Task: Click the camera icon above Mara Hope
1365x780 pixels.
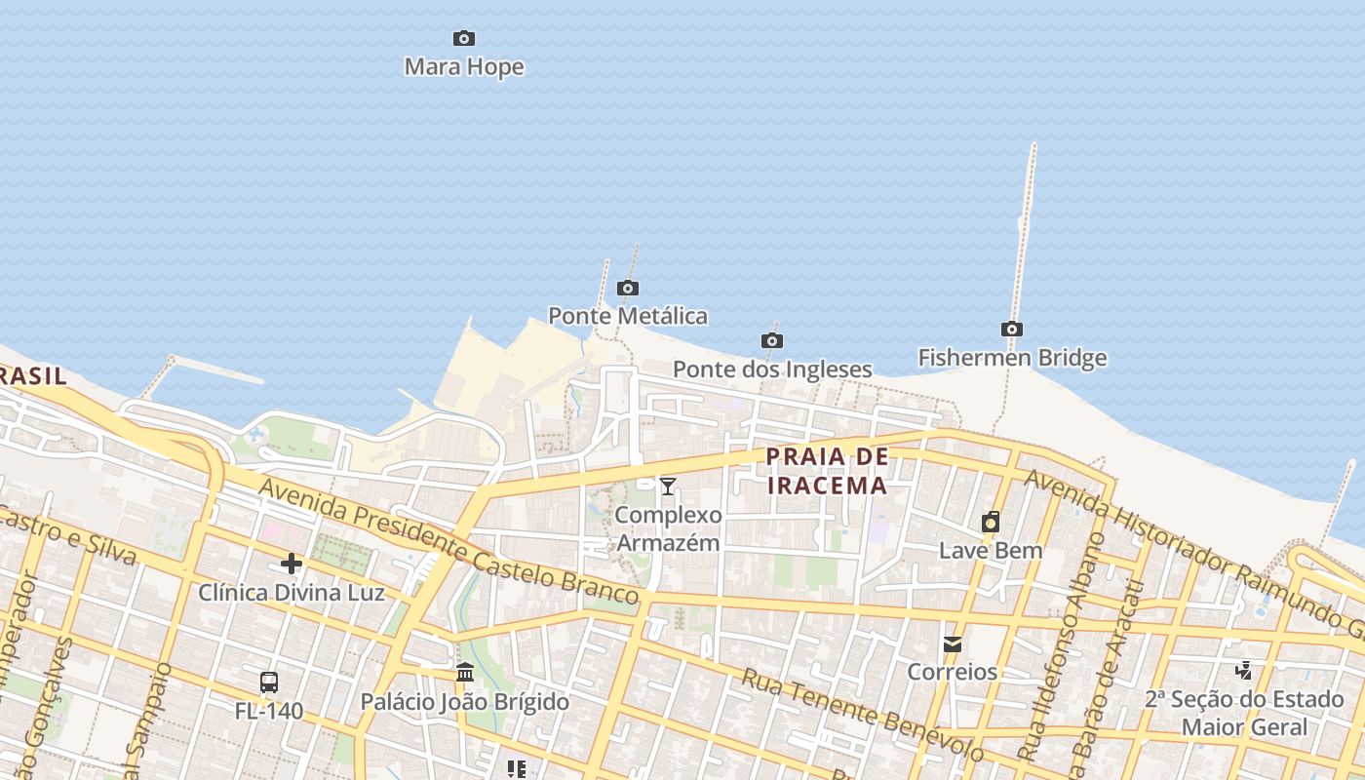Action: [x=464, y=39]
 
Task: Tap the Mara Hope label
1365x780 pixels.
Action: [x=464, y=67]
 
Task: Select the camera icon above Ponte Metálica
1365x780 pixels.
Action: [x=628, y=288]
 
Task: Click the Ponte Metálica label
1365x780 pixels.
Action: [x=628, y=316]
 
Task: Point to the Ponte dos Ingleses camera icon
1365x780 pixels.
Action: [x=772, y=340]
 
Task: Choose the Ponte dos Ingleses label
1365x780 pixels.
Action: [x=772, y=370]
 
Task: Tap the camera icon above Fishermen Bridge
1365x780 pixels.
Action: [x=1012, y=330]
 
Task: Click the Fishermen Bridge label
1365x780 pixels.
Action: [x=1012, y=358]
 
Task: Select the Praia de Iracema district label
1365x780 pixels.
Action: [x=827, y=471]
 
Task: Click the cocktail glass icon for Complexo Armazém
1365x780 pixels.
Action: [x=668, y=487]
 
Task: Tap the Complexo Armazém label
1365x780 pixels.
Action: [x=669, y=528]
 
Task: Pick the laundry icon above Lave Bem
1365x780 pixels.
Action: [x=991, y=522]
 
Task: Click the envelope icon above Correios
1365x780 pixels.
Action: [x=952, y=643]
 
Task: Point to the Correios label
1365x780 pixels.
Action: [x=952, y=672]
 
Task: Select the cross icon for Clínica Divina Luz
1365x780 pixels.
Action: [x=291, y=564]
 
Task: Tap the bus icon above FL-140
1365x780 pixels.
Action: [x=269, y=682]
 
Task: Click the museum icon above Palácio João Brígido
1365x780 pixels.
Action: [x=465, y=673]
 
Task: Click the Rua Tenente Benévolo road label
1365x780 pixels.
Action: [x=862, y=716]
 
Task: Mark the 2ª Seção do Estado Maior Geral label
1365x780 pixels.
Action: [x=1244, y=713]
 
